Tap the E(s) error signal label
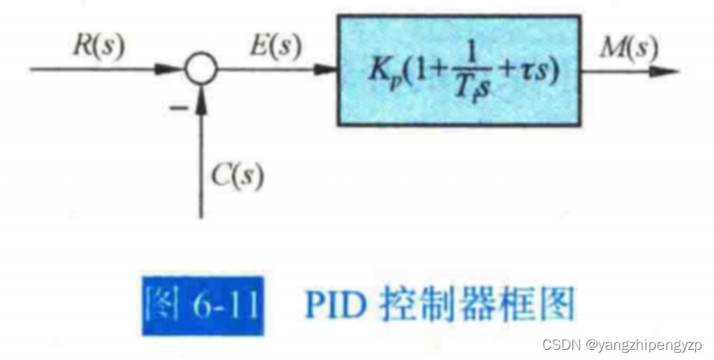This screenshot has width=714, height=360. click(x=274, y=47)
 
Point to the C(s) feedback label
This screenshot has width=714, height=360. click(x=238, y=177)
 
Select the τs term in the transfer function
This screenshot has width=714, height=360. click(x=537, y=72)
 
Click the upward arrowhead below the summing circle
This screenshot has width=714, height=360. click(x=201, y=97)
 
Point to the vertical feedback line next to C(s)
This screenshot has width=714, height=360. click(x=201, y=171)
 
